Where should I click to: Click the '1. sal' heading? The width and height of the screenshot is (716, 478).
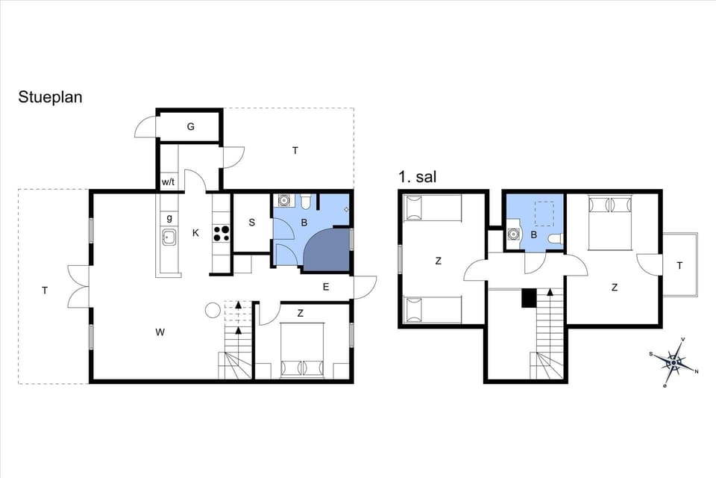point(417,178)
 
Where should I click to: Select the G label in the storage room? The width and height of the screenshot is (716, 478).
point(191,127)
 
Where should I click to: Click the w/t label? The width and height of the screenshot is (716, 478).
point(169,181)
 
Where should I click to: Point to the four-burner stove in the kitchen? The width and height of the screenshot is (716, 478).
point(222,233)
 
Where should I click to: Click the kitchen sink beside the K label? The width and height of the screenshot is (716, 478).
point(169,238)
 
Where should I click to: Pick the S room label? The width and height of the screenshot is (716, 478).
point(252,223)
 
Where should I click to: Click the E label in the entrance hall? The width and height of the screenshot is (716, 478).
point(326,286)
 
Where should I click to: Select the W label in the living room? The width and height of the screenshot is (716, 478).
point(160,332)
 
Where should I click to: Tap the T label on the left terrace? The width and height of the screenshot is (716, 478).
point(45,291)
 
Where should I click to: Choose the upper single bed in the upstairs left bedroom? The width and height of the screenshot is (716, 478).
point(432,208)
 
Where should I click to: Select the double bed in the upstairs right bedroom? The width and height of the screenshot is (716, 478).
point(611,222)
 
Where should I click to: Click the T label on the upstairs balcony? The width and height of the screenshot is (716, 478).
point(679,266)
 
